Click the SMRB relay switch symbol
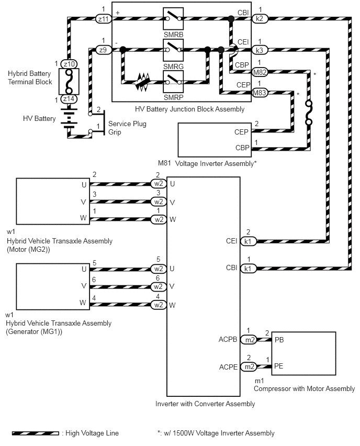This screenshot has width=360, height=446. (x=173, y=18)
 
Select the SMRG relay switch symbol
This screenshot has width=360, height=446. (x=173, y=50)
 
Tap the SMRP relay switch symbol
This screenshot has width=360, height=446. (x=173, y=82)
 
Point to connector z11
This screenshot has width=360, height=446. (x=103, y=19)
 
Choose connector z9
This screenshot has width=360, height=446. (x=103, y=50)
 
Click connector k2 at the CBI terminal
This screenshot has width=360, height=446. (x=260, y=19)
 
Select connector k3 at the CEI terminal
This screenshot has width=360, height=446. (x=260, y=50)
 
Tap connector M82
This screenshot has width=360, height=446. (x=260, y=72)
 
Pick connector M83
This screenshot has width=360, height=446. (x=260, y=93)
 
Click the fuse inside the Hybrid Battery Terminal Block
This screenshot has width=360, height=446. (x=69, y=81)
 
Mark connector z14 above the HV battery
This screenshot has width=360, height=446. (x=69, y=99)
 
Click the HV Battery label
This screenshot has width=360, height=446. (x=39, y=119)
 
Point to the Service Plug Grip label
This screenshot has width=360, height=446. (x=127, y=128)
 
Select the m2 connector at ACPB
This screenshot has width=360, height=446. (x=249, y=340)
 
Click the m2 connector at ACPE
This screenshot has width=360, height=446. (x=249, y=367)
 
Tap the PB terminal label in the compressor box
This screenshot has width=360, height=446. (x=279, y=340)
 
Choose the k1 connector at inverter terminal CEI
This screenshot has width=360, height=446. (x=248, y=241)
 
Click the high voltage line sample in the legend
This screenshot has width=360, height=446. (x=36, y=433)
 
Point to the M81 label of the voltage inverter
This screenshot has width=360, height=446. (x=164, y=163)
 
